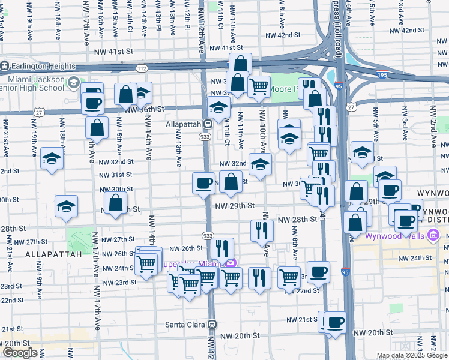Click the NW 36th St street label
(x=145, y=109)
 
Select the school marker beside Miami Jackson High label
(x=74, y=82)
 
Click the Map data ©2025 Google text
(x=411, y=355)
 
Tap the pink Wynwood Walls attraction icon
(x=431, y=235)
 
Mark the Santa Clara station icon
(x=211, y=324)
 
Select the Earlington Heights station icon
(x=5, y=65)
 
